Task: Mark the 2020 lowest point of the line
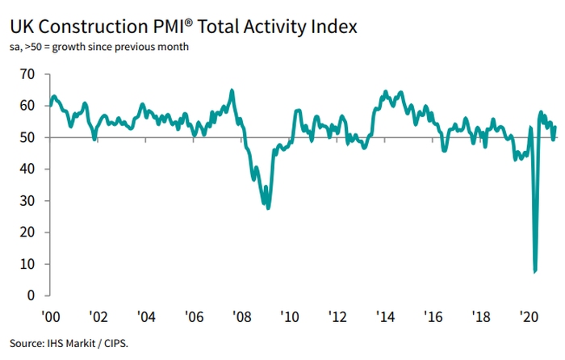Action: tap(535, 271)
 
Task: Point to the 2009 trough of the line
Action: tap(268, 208)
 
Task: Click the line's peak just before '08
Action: tap(232, 90)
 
